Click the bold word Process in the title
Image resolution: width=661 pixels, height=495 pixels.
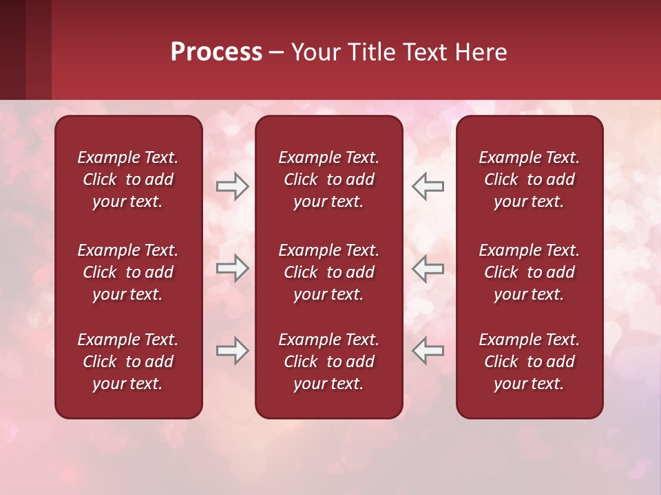[x=216, y=52]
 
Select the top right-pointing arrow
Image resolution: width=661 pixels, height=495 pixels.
[x=233, y=186]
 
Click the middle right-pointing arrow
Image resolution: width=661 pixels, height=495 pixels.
[x=233, y=268]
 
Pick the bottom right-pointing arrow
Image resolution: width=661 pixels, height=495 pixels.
[x=233, y=351]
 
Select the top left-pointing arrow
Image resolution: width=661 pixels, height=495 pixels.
[x=428, y=186]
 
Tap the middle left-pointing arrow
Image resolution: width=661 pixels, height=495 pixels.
[x=428, y=268]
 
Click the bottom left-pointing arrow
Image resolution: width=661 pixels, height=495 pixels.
[x=428, y=351]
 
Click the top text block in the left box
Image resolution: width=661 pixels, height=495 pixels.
[x=128, y=179]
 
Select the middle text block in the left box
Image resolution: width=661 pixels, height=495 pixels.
[x=128, y=272]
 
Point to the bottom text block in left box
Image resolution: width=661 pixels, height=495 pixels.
[x=128, y=362]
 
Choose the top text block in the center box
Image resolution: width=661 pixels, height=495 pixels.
[x=328, y=179]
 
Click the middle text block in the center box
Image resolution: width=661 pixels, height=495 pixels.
[x=328, y=272]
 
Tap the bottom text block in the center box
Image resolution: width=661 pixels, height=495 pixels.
[x=328, y=362]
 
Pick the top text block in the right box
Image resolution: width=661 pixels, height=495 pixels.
[x=529, y=179]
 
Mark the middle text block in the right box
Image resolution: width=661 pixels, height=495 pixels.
[x=529, y=272]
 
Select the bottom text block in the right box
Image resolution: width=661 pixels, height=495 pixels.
[x=529, y=362]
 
